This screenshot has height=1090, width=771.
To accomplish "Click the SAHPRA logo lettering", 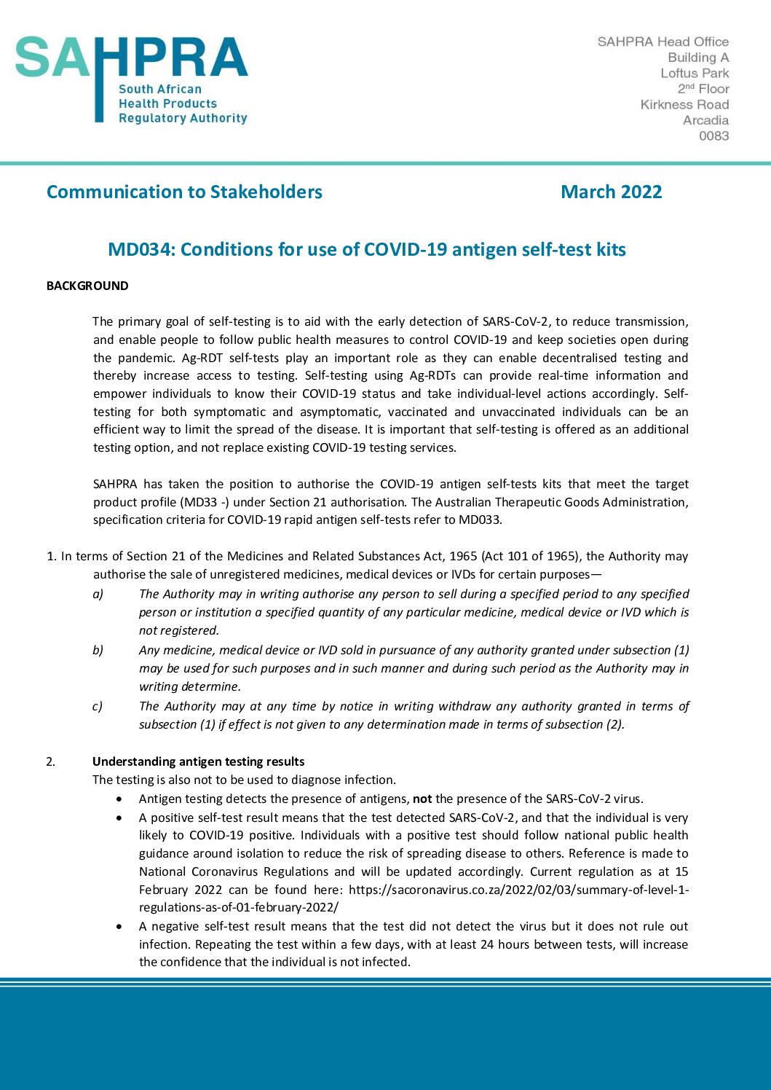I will [131, 58].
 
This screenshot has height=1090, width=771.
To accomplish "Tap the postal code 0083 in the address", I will [713, 136].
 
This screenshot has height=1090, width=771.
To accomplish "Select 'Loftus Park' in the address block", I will [695, 73].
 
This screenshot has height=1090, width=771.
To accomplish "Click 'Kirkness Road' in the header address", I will [684, 104].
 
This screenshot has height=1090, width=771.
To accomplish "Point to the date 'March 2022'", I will [611, 192].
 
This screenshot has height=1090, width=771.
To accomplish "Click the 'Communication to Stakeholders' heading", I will [184, 192].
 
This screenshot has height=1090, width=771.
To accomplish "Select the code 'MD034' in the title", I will [141, 249].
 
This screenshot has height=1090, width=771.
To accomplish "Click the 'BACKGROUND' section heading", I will [87, 286].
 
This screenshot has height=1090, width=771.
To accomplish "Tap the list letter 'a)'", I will [98, 594].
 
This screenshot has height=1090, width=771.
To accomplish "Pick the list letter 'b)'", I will [98, 650].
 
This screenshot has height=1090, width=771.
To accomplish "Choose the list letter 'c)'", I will [98, 706].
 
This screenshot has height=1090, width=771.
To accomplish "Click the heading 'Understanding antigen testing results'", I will [198, 761].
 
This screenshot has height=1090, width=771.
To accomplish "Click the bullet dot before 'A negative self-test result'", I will [119, 927].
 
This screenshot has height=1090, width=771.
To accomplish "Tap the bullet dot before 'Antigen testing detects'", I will [119, 799].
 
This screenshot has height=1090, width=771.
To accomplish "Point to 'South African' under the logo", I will [160, 89].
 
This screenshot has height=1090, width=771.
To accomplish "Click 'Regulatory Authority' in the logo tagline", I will [183, 118].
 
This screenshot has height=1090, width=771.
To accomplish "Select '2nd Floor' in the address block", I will [703, 88].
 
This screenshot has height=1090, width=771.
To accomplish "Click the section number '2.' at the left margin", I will [50, 761].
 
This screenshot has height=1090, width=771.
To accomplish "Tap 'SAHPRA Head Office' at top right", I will [663, 42].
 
